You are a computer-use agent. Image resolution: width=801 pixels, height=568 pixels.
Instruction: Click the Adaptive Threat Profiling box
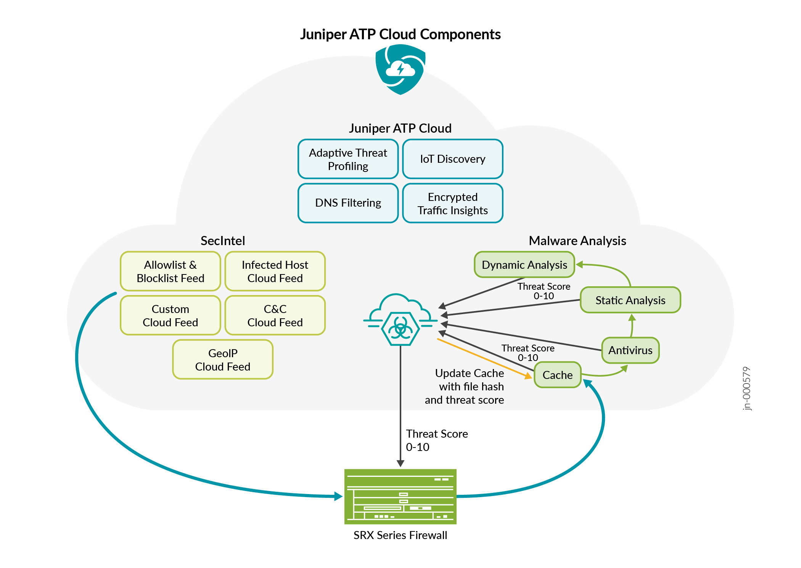coord(348,159)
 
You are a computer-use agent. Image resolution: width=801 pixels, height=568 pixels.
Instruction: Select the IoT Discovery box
coord(452,159)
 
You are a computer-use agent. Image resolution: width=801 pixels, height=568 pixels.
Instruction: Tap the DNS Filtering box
coord(348,203)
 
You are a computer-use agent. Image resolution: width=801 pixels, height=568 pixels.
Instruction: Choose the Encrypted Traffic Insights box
coord(452,203)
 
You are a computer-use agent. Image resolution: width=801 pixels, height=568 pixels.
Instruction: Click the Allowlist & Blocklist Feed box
coord(170,271)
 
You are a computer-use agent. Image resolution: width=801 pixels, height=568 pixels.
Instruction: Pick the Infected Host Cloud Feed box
coord(275,271)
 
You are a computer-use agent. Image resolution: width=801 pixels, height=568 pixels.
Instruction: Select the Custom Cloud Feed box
coord(170,315)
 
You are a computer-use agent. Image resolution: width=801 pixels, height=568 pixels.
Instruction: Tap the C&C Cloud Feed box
coord(275,315)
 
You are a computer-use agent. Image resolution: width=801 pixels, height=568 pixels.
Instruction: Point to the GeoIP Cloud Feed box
coord(222,359)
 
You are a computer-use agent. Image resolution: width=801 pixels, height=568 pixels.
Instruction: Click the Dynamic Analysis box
coord(524,265)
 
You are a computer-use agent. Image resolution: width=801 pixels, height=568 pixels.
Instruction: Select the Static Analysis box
coord(630,300)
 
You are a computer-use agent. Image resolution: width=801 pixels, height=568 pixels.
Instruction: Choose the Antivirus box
coord(630,350)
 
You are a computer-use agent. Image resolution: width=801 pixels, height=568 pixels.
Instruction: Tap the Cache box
coord(557,375)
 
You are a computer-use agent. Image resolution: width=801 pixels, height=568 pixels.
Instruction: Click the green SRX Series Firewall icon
coord(400,496)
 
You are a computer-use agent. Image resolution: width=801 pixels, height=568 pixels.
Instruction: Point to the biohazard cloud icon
coord(400,320)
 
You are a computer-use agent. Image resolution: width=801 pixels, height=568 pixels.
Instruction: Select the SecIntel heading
coord(222,241)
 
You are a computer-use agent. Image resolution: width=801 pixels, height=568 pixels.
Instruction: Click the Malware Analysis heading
coord(577,241)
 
